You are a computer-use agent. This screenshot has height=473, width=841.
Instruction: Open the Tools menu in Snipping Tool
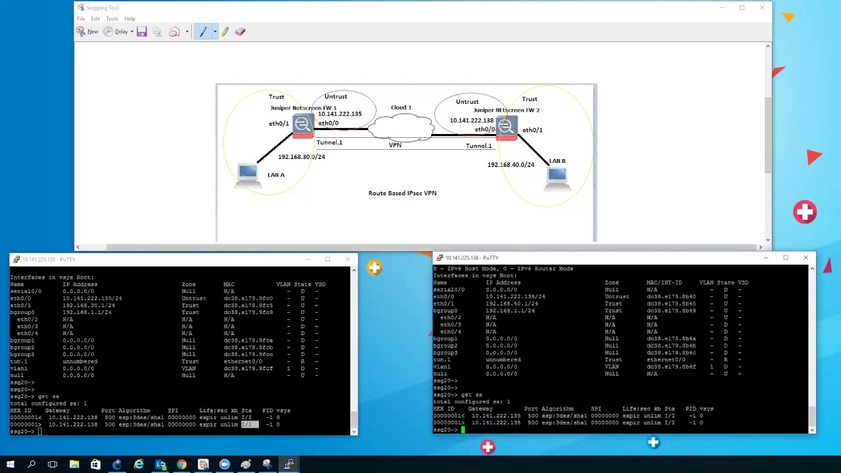[112, 18]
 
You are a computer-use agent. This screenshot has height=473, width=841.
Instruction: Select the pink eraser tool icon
[240, 32]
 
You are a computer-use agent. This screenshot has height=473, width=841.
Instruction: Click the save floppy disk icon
[142, 32]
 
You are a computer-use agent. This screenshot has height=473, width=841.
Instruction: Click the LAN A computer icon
[248, 173]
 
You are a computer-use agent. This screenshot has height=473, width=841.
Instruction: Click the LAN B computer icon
[557, 176]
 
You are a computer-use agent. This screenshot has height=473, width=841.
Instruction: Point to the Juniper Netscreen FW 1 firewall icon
[303, 125]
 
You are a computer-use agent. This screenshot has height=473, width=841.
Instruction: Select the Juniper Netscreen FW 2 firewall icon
[506, 127]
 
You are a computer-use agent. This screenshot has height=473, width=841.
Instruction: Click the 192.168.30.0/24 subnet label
[301, 157]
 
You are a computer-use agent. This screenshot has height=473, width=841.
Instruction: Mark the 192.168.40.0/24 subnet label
[511, 165]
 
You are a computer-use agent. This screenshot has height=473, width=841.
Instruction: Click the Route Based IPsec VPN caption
[402, 193]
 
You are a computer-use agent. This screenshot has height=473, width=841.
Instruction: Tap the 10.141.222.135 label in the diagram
[340, 114]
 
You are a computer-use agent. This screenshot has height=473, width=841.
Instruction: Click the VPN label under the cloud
[395, 145]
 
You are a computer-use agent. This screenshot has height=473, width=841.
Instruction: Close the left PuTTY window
[348, 259]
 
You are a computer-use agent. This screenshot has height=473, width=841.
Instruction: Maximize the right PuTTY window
[786, 258]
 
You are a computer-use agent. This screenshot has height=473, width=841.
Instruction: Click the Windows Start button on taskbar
[11, 464]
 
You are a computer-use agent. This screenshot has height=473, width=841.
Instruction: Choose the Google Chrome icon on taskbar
[181, 464]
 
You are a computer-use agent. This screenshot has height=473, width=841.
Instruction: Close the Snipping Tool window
[761, 8]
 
